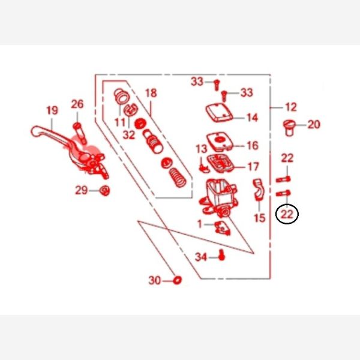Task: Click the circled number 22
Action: coord(287,214)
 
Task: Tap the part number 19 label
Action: coord(52,110)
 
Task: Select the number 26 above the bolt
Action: coord(77,104)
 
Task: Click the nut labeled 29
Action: coord(104,190)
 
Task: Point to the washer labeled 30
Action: coord(177,280)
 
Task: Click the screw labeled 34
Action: coord(221,255)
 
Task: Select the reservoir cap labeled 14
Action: coord(219,113)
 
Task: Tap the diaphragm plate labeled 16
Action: coord(220,142)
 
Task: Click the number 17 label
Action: coord(253,167)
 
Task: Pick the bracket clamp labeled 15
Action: coord(259,190)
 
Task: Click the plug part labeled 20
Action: coord(289,128)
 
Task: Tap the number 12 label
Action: coord(291,107)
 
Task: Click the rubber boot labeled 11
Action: coord(122,97)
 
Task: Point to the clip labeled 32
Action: coord(130,110)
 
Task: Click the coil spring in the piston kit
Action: coord(178,178)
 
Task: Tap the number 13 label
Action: coord(202,149)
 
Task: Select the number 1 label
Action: coord(200,224)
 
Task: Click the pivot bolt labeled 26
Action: coord(80,133)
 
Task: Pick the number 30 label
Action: coord(155,280)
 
